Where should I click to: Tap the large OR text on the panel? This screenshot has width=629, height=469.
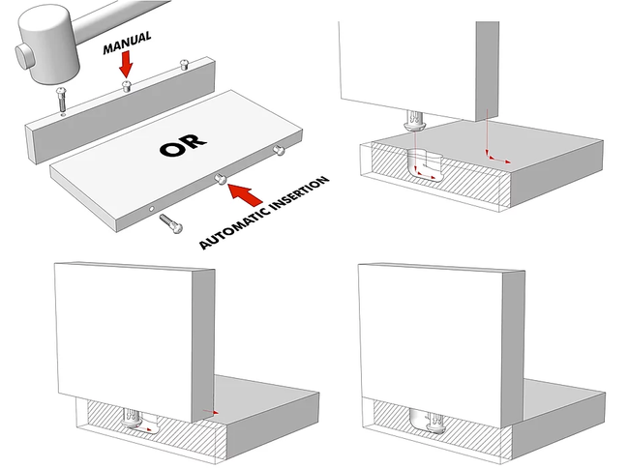click(x=184, y=147)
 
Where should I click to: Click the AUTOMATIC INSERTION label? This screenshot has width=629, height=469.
click(x=264, y=213)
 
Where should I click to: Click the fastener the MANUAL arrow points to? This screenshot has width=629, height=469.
click(x=127, y=87)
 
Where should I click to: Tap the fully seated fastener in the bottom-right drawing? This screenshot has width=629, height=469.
click(x=431, y=421)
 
